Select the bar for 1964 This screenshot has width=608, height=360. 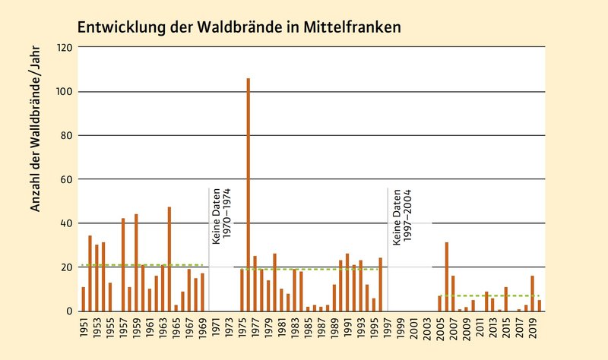coord(169,259)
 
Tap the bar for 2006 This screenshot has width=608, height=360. coord(447,276)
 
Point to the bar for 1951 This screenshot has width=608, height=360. coord(84,298)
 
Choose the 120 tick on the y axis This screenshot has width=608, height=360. coord(65,48)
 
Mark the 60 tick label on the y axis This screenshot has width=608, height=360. coord(68,180)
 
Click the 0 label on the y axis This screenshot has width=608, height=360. coord(70,311)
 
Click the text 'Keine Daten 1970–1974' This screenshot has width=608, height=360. coord(221,216)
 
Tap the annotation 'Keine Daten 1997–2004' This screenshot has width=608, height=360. coord(401,216)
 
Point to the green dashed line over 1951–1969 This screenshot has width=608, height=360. coord(144,265)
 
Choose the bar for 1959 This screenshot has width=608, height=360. coord(136,263)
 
